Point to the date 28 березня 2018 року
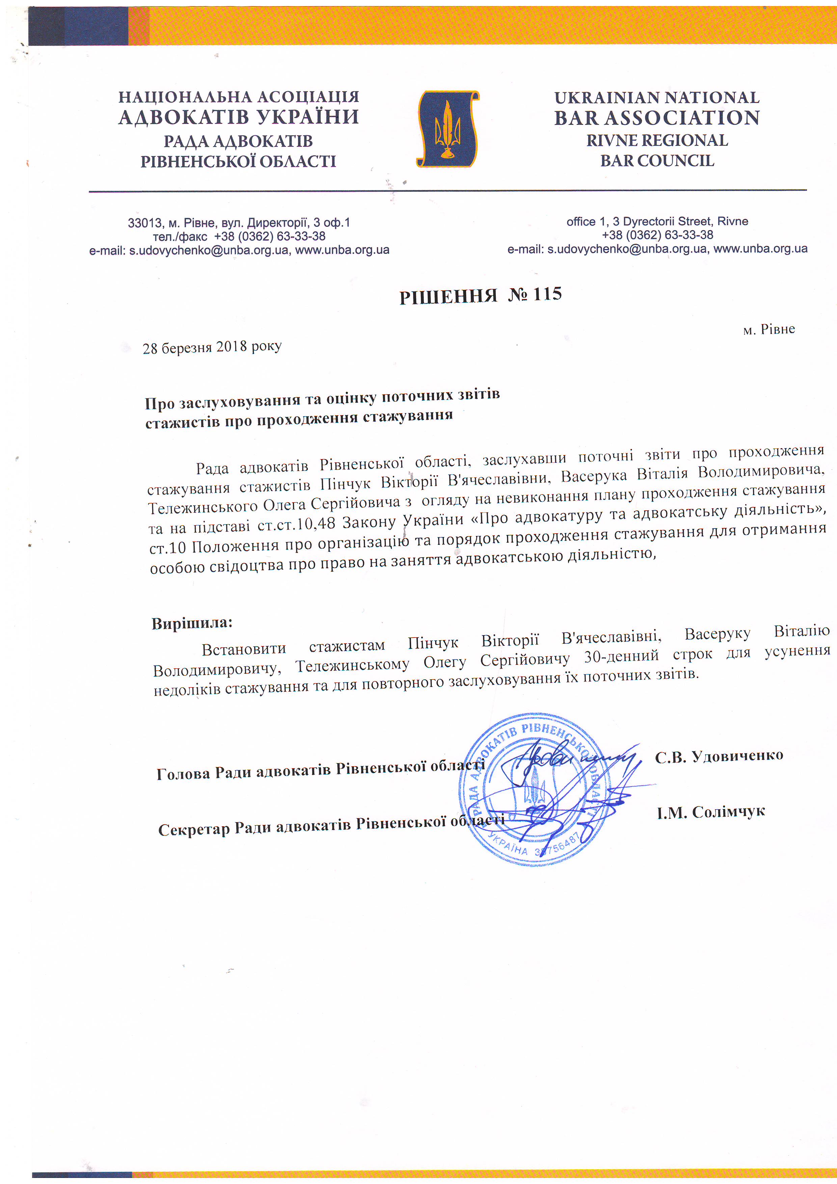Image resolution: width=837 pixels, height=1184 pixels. coord(212,347)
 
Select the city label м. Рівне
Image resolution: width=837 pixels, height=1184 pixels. coord(768,329)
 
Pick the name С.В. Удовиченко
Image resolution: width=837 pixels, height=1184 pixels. coord(719,756)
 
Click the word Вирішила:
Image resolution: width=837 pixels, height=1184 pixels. coord(192,623)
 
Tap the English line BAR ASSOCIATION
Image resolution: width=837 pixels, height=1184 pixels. coord(656,118)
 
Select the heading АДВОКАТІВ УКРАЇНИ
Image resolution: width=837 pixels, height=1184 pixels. coord(238,117)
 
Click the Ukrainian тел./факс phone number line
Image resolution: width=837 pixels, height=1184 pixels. coord(239,236)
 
